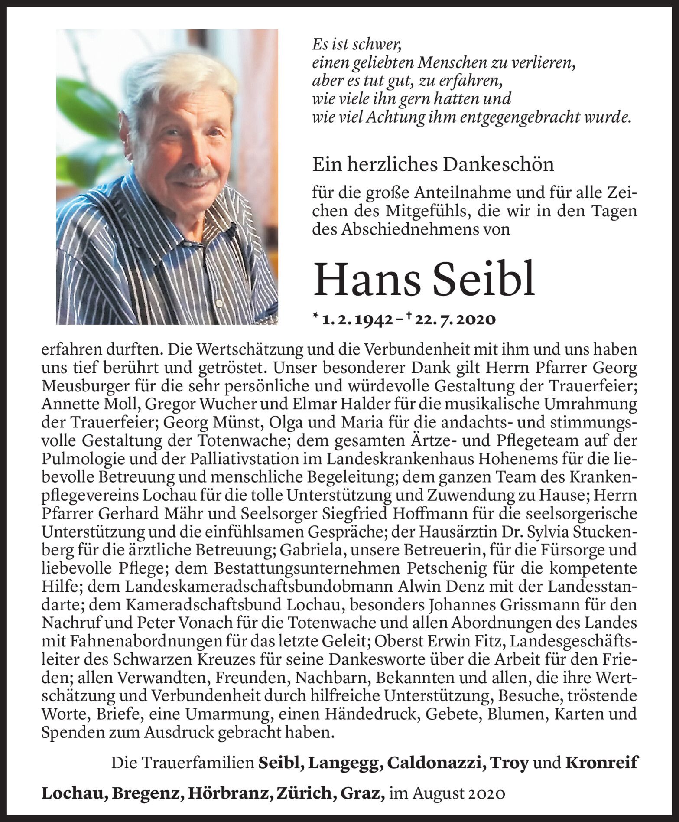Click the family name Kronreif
[601, 763]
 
